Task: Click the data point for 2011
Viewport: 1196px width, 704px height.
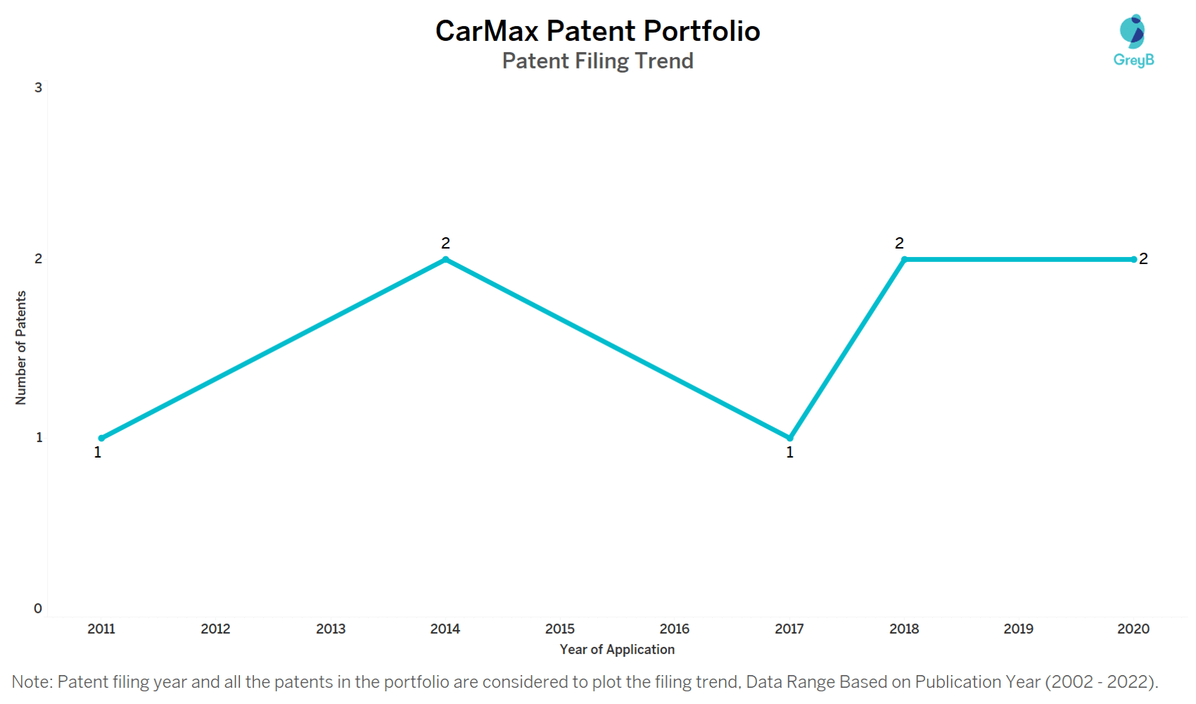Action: click(102, 438)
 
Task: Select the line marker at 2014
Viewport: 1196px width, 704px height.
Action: click(445, 260)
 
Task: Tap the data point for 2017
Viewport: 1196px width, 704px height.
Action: click(790, 438)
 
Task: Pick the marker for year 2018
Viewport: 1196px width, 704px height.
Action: click(904, 260)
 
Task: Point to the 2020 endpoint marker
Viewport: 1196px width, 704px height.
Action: click(1133, 260)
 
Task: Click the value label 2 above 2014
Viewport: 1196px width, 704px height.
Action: click(445, 243)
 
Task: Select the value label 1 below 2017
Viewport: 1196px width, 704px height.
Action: click(790, 453)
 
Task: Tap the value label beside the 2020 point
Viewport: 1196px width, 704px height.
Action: click(1143, 259)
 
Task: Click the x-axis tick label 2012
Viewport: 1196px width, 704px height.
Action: click(215, 628)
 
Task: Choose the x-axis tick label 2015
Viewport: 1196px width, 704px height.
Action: click(560, 628)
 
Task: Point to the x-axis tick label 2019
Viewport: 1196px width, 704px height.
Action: click(1018, 628)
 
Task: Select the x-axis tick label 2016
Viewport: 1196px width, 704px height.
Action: click(674, 628)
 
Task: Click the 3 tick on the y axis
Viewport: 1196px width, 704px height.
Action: click(38, 88)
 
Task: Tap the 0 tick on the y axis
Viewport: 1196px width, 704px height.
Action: click(38, 609)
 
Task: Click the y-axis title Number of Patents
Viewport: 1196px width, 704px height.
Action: click(20, 347)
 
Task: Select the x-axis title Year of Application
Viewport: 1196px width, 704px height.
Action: click(617, 650)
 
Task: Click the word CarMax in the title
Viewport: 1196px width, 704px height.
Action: click(486, 31)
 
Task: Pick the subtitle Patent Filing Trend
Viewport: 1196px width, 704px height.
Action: click(598, 61)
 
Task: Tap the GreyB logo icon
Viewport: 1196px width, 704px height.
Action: click(1132, 32)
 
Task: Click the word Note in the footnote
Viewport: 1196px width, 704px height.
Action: click(31, 682)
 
